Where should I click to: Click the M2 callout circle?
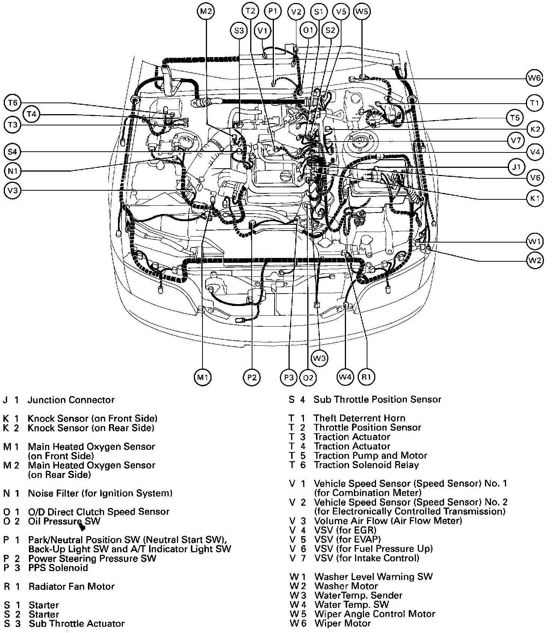click(205, 11)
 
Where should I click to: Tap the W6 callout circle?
click(534, 78)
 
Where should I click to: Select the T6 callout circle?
click(13, 102)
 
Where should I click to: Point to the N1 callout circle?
click(13, 172)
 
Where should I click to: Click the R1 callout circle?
click(367, 377)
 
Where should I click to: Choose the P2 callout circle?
click(251, 377)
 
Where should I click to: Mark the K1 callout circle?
click(535, 199)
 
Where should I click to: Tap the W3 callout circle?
click(319, 358)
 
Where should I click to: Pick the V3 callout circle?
click(13, 191)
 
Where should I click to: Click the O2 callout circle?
click(308, 377)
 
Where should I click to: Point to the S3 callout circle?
click(239, 30)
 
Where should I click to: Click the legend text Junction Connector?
click(71, 400)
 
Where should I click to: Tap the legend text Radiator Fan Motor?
click(71, 586)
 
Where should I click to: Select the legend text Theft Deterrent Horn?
click(360, 418)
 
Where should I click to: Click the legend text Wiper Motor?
click(343, 624)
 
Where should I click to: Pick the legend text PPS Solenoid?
click(58, 568)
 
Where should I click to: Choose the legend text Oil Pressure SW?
click(64, 521)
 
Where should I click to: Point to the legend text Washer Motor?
click(346, 586)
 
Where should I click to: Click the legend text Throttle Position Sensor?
click(367, 428)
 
